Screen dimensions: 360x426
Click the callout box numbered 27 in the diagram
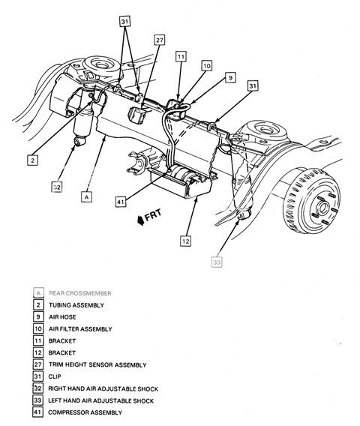tap(160, 40)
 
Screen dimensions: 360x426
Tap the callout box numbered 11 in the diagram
tap(181, 57)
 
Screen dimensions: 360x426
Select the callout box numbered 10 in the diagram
tap(207, 66)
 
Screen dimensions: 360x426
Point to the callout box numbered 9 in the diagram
tap(230, 78)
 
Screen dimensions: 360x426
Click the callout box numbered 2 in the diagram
tap(32, 160)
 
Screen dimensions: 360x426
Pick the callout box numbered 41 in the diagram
tap(121, 202)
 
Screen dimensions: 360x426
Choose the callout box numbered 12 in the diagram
tap(186, 241)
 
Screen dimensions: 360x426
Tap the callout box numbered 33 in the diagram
tap(217, 262)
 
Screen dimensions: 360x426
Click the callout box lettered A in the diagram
tap(86, 196)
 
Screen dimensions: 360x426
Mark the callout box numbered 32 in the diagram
tap(57, 187)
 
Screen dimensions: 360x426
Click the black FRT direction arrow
tap(140, 220)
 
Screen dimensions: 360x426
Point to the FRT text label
tap(153, 214)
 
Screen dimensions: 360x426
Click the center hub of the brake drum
tap(323, 208)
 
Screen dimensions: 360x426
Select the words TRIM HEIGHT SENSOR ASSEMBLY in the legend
tap(97, 364)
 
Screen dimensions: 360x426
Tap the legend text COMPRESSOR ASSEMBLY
tap(85, 412)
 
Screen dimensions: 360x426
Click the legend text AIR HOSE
tap(62, 317)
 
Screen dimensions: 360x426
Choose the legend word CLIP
tap(55, 376)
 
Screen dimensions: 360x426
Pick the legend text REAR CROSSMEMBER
tap(80, 293)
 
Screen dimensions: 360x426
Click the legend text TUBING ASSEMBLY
tap(76, 305)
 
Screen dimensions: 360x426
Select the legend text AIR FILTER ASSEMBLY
tap(80, 329)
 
